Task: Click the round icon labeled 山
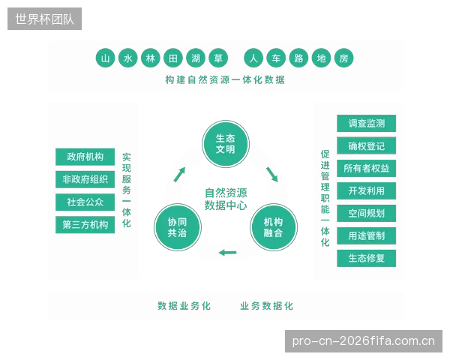click(x=105, y=58)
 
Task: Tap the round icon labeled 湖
click(x=196, y=58)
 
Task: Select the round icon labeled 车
click(x=276, y=58)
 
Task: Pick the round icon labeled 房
click(x=343, y=58)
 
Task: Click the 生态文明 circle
click(x=226, y=143)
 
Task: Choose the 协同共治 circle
click(x=177, y=227)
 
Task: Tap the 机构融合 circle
click(x=274, y=227)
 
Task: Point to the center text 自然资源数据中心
click(x=226, y=199)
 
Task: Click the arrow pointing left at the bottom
click(x=227, y=253)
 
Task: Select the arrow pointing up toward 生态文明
click(x=180, y=174)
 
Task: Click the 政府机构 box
click(x=85, y=157)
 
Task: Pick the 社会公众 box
click(x=85, y=202)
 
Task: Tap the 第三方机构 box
click(x=85, y=224)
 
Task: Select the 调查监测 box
click(x=367, y=124)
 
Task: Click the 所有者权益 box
click(x=367, y=168)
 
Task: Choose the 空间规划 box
click(x=367, y=213)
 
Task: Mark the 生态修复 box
click(x=367, y=258)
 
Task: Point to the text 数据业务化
click(x=184, y=306)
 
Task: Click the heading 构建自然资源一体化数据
click(x=225, y=79)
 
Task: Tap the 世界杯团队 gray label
click(x=44, y=19)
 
